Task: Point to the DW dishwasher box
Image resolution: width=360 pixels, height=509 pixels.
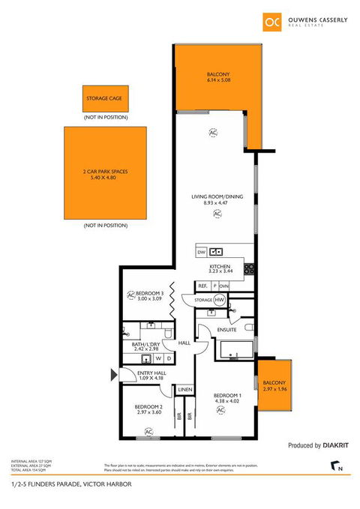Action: (201, 253)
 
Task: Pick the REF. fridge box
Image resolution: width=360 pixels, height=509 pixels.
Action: (202, 286)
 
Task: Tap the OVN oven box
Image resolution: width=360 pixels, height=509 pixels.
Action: (223, 286)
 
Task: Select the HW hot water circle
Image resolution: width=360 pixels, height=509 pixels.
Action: (220, 300)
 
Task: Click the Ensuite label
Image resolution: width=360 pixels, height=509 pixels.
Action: (227, 329)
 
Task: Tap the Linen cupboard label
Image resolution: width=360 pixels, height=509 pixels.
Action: (184, 390)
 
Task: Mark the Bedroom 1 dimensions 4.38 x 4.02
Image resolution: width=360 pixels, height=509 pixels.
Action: (226, 400)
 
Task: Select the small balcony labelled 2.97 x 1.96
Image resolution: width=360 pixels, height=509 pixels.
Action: (273, 385)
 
